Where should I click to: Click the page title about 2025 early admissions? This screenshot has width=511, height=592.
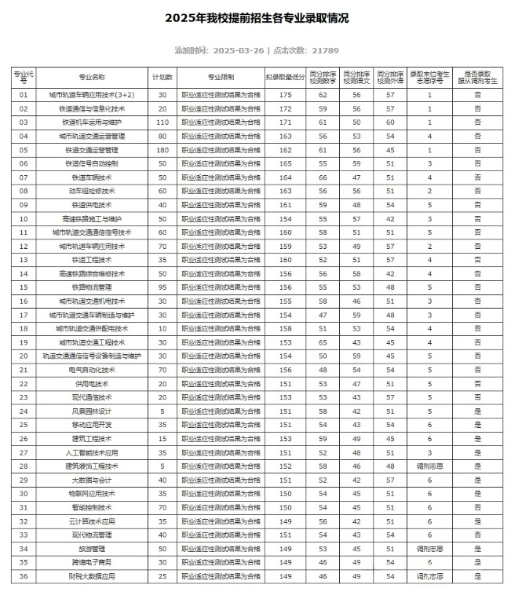pos(256,17)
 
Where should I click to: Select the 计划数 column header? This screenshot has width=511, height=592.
pos(162,77)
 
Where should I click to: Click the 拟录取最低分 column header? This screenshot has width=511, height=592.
pos(285,77)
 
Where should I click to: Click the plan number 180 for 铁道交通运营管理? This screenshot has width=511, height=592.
pos(162,149)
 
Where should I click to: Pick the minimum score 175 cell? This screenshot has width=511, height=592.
pos(285,94)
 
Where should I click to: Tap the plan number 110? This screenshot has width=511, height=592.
pos(162,122)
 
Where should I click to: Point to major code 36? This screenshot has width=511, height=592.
pos(24,576)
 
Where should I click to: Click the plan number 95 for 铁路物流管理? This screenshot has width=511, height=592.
pos(162,287)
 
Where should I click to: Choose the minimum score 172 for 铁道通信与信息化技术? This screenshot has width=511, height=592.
pos(285,108)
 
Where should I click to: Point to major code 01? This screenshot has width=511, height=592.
pos(24,94)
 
